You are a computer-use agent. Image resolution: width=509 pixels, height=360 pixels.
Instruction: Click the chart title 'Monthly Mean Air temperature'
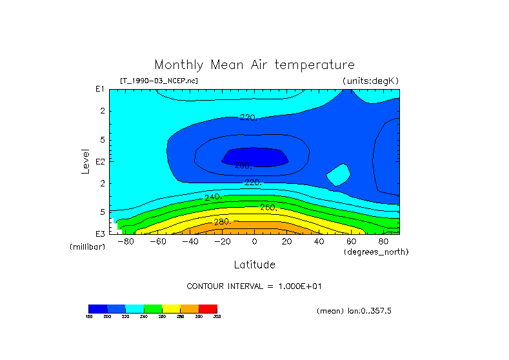(254, 65)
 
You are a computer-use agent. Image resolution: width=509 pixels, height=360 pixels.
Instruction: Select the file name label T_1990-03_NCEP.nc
(159, 81)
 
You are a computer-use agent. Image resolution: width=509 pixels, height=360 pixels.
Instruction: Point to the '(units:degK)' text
(371, 81)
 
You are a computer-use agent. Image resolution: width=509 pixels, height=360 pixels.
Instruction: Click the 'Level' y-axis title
(85, 160)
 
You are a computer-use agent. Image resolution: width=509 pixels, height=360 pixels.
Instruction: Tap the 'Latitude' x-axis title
(254, 265)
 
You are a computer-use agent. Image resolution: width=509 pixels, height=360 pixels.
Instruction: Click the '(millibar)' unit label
(87, 247)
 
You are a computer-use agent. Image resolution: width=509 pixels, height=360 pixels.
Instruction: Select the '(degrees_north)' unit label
(376, 252)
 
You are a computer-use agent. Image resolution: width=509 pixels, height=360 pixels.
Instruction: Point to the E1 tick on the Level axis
(101, 89)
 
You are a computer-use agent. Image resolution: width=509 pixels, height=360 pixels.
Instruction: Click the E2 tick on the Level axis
(101, 161)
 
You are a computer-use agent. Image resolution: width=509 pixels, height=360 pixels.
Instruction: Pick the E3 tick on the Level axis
(101, 234)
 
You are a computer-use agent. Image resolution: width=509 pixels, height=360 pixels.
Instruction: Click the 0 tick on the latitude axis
(254, 241)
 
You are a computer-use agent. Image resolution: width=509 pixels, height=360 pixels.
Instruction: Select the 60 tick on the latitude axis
(351, 241)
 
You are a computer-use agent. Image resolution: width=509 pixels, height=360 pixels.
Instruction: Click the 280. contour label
(223, 222)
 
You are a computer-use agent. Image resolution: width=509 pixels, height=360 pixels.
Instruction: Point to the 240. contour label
(213, 197)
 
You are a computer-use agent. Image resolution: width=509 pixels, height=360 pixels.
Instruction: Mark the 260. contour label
(268, 208)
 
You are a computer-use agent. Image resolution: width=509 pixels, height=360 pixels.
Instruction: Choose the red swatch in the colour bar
(208, 308)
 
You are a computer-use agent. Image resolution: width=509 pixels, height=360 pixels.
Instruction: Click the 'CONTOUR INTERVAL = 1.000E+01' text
(259, 286)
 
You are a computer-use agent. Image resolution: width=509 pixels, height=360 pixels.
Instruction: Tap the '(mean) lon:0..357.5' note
(354, 311)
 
